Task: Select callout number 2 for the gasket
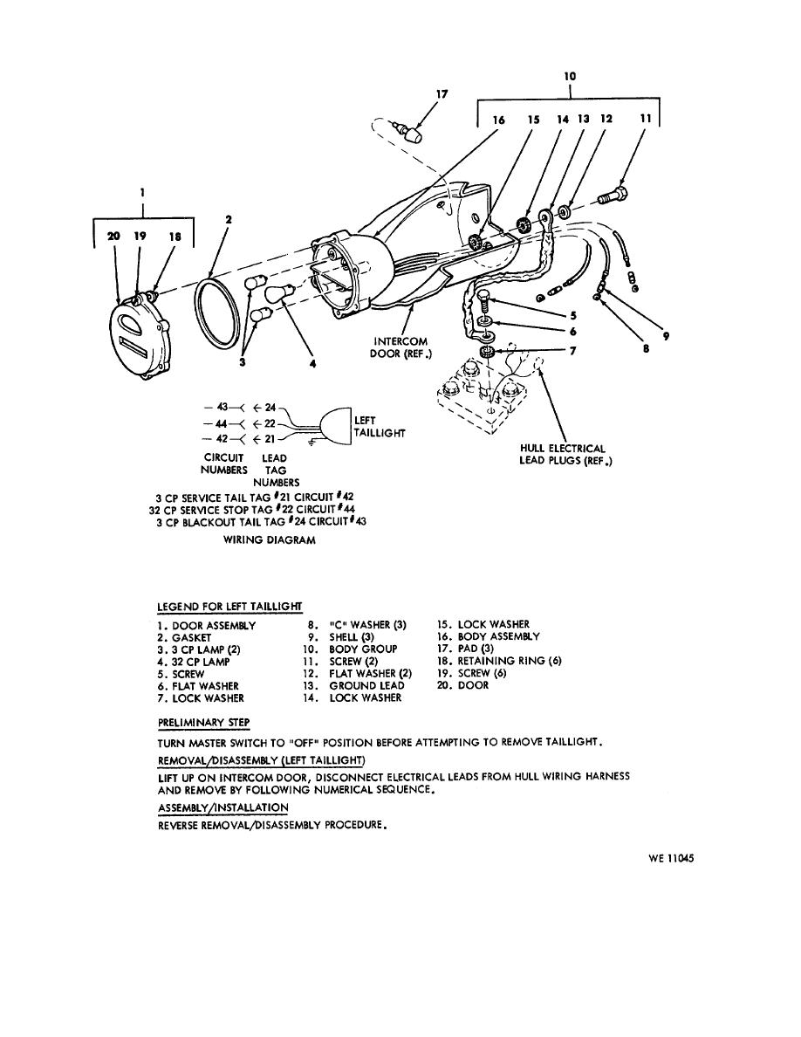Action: tap(228, 222)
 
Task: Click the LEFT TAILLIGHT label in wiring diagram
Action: tap(378, 425)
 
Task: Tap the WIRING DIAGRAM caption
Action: tap(270, 540)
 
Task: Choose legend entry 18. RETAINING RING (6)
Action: tap(498, 662)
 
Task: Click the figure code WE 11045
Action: tap(671, 858)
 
